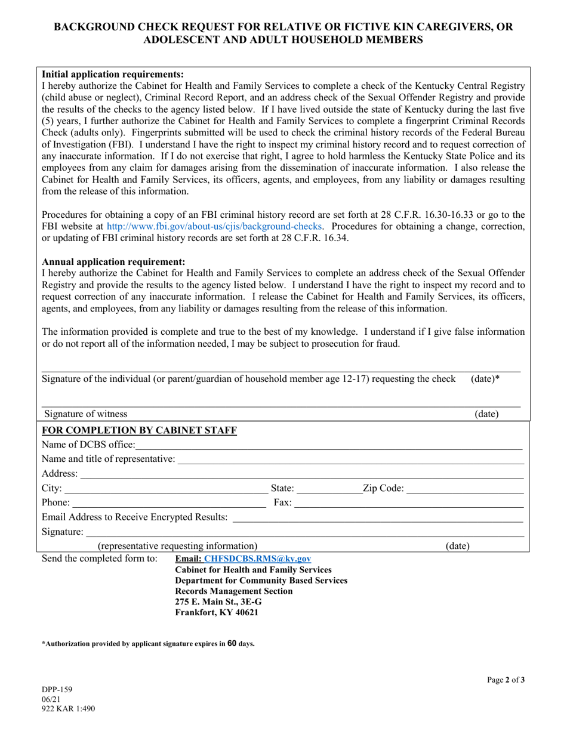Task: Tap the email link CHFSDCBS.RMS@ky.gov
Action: (257, 559)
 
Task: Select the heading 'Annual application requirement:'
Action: (113, 262)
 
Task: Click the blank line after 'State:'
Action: (329, 489)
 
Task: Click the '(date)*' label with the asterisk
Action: (485, 379)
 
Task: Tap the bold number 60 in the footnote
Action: (233, 644)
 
